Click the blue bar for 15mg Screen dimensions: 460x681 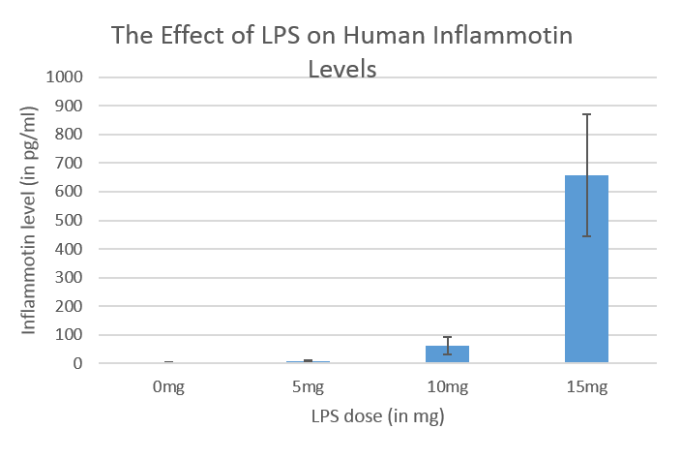(586, 291)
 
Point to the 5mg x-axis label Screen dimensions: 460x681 (307, 387)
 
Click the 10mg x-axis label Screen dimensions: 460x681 (447, 387)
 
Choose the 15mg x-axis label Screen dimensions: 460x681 (586, 387)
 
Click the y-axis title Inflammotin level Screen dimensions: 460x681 (30, 219)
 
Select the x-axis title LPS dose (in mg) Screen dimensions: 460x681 (377, 418)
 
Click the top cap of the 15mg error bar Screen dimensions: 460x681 (586, 114)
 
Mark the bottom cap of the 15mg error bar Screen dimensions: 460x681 (586, 236)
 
